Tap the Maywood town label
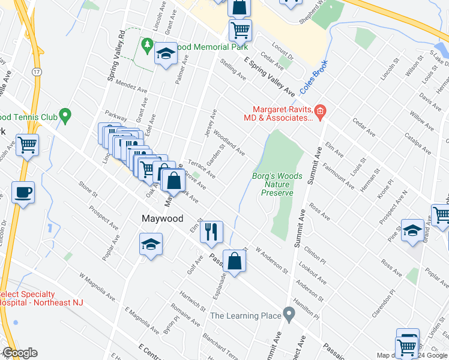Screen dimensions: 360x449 pyautogui.click(x=162, y=219)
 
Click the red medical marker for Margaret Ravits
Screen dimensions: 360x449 pyautogui.click(x=321, y=110)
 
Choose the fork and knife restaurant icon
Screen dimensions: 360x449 pyautogui.click(x=210, y=232)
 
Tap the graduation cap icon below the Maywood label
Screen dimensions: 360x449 pyautogui.click(x=150, y=244)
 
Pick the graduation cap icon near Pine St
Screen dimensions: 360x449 pyautogui.click(x=412, y=230)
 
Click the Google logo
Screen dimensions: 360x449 pyautogui.click(x=20, y=353)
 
